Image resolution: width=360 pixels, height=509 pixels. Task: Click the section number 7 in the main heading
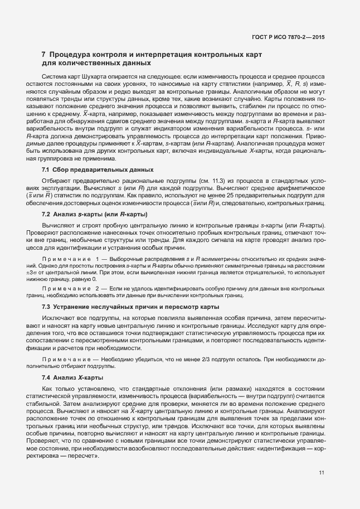[44, 55]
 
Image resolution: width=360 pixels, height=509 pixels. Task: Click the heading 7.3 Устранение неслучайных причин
[130, 307]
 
